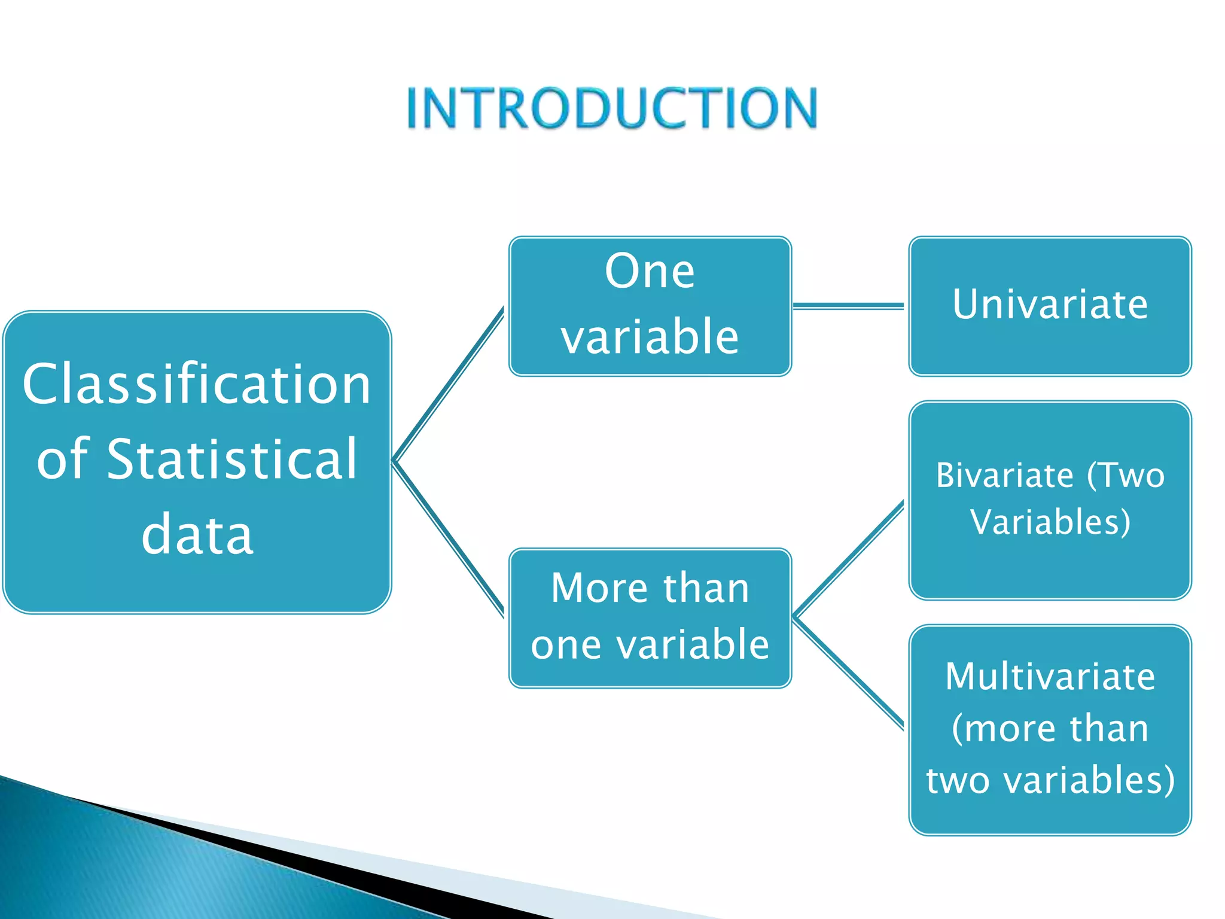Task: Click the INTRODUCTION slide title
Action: click(x=612, y=108)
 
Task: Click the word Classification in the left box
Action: click(x=197, y=384)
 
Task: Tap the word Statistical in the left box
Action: click(x=232, y=459)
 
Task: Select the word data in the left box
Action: click(x=197, y=534)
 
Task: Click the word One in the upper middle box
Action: click(x=650, y=272)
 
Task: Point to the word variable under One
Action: click(x=650, y=337)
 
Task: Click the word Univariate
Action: click(x=1050, y=305)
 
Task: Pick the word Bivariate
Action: click(x=1004, y=476)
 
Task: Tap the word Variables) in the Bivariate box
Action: click(x=1050, y=522)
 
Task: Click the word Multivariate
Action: click(x=1050, y=677)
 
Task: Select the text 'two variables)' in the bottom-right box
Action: click(x=1050, y=780)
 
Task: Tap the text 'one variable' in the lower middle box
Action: click(x=650, y=645)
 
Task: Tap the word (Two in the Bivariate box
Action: click(x=1126, y=476)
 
